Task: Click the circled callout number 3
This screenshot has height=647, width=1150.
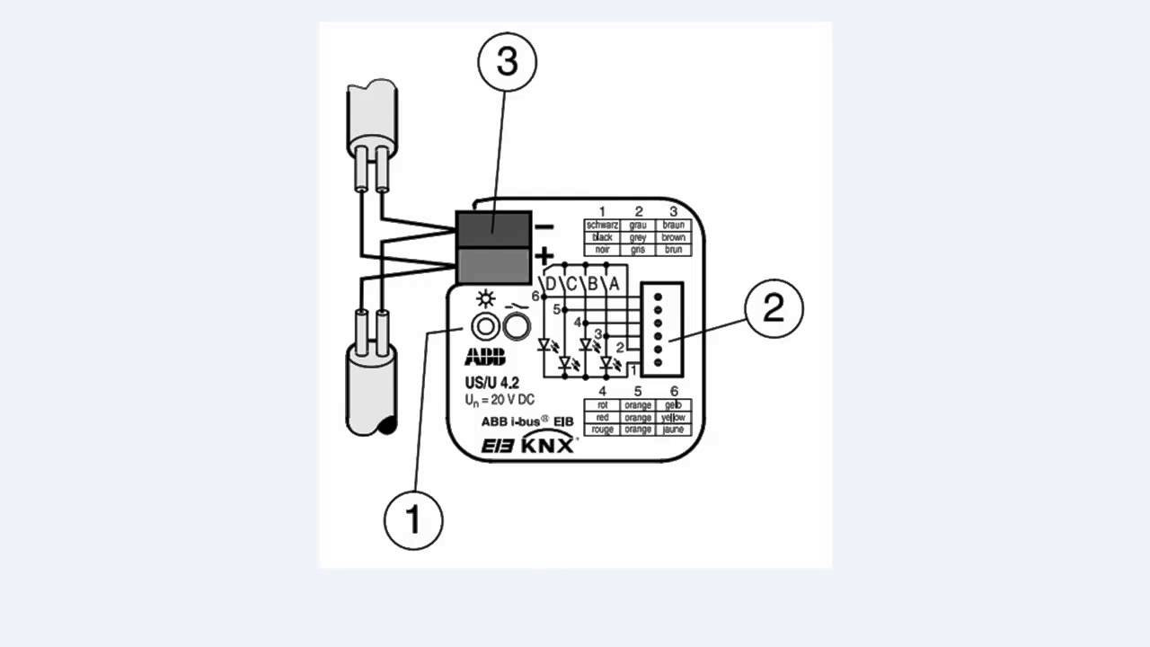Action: pos(508,63)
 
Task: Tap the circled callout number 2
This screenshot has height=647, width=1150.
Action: pos(773,308)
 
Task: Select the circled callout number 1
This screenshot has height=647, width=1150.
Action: pos(413,519)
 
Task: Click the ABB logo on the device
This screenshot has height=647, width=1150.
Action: pos(485,357)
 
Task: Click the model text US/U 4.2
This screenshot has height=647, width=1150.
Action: pos(491,382)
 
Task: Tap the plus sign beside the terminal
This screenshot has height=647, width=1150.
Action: pos(544,257)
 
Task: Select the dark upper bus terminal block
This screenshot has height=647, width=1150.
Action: pos(492,229)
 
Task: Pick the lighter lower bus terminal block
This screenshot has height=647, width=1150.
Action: pos(492,266)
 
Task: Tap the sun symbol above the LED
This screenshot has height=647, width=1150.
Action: pos(486,300)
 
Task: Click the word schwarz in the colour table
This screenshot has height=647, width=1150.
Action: pos(602,225)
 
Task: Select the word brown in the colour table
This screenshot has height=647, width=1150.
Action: pos(673,237)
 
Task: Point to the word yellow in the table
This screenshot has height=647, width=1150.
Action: pos(673,418)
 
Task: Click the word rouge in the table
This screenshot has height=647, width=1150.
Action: pos(602,430)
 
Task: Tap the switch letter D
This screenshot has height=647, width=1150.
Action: pos(551,284)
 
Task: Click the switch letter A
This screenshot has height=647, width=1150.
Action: pos(615,284)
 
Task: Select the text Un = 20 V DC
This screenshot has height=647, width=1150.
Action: pos(500,400)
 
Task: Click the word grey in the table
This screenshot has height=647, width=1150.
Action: pos(638,237)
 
